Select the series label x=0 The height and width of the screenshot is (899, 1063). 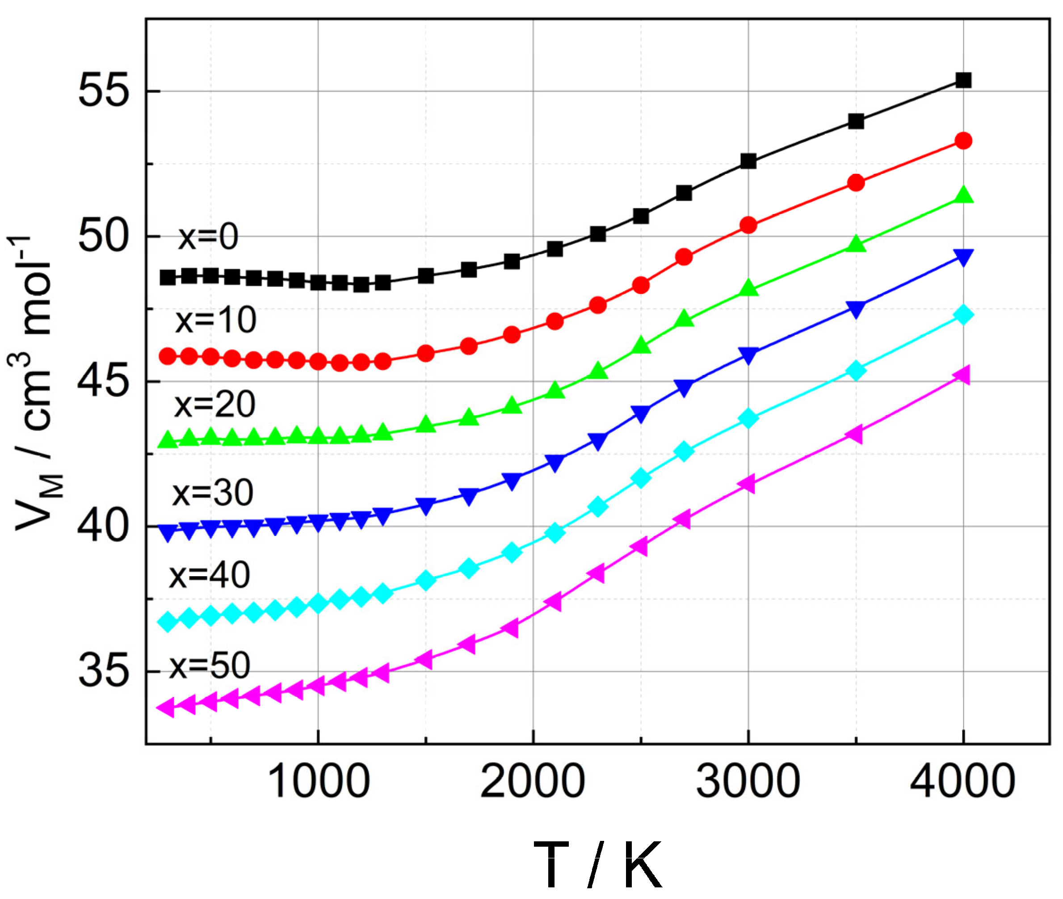208,237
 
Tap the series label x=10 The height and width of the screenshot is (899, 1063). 215,321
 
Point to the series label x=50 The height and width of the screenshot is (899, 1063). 210,666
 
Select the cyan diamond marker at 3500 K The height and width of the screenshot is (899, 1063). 856,371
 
